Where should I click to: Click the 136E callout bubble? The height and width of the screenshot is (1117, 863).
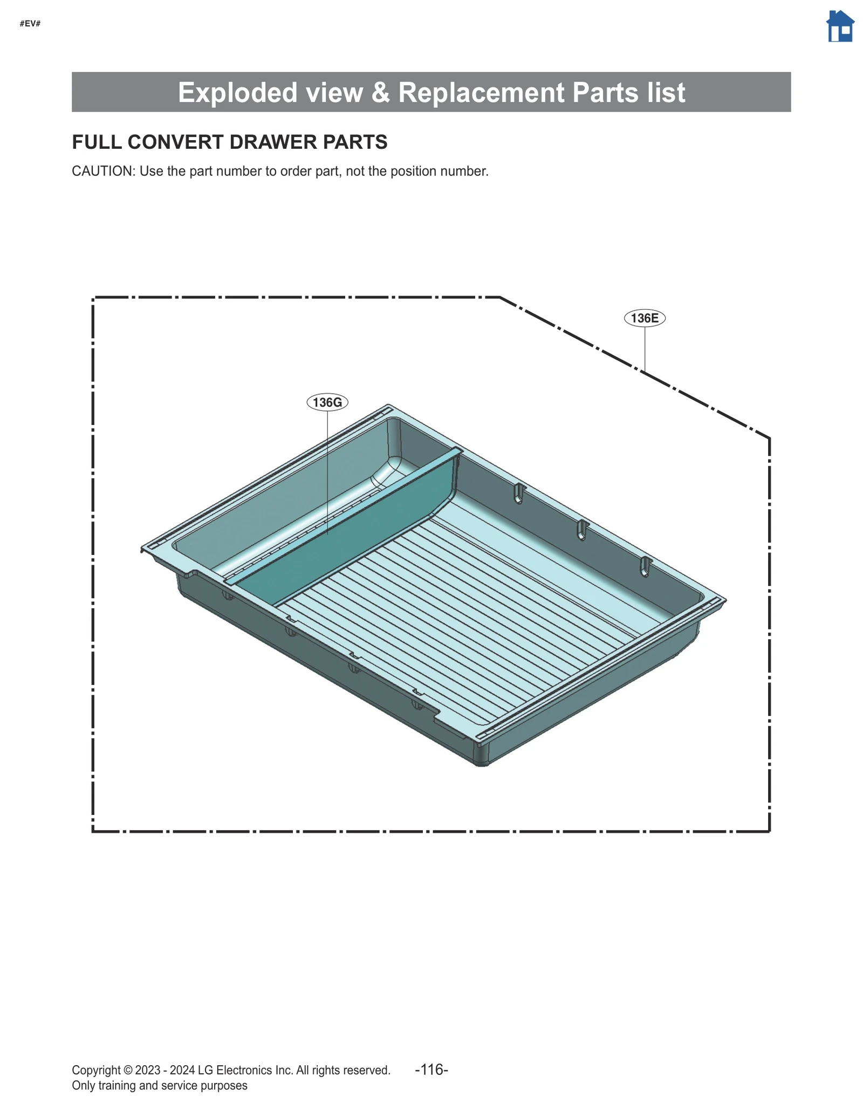[645, 318]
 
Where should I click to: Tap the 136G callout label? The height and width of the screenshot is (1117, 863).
[327, 402]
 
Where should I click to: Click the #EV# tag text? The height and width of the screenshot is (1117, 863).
[30, 24]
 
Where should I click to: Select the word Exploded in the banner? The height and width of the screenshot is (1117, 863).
[238, 92]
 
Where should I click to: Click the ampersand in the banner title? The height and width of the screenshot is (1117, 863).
[380, 92]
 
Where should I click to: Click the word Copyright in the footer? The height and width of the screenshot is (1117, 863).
[96, 1070]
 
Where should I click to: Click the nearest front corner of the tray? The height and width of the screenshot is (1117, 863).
[482, 760]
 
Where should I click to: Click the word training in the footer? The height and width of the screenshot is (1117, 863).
[118, 1085]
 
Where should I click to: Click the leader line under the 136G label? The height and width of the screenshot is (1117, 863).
[327, 469]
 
